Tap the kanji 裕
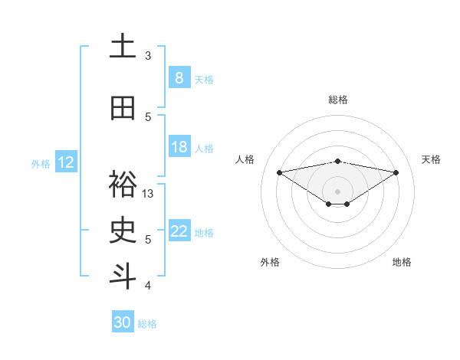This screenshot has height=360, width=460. pyautogui.click(x=123, y=185)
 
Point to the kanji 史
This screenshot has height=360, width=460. pyautogui.click(x=123, y=231)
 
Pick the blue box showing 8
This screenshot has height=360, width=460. pyautogui.click(x=179, y=78)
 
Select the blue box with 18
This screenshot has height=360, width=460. pyautogui.click(x=179, y=147)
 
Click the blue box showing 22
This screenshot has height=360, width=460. pyautogui.click(x=179, y=231)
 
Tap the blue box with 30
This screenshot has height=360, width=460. pyautogui.click(x=123, y=322)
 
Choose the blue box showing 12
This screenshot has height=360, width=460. pyautogui.click(x=66, y=162)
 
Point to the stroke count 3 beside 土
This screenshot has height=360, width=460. pyautogui.click(x=148, y=56)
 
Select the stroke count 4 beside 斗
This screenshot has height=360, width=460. pyautogui.click(x=148, y=286)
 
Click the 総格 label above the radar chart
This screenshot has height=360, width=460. pyautogui.click(x=338, y=100)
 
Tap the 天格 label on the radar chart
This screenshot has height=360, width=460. pyautogui.click(x=431, y=159)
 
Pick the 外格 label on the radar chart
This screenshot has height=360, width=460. pyautogui.click(x=269, y=262)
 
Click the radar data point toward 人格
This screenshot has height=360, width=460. pyautogui.click(x=279, y=172)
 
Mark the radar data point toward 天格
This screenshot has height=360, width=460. pyautogui.click(x=396, y=172)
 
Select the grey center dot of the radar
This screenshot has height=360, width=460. pyautogui.click(x=337, y=191)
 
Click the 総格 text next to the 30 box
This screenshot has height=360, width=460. pyautogui.click(x=148, y=324)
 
